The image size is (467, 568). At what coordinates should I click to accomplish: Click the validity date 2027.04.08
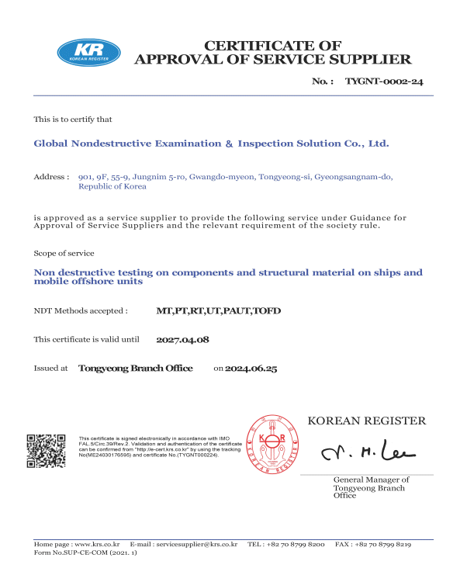pos(183,340)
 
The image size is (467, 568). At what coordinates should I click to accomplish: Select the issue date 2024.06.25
pos(251,369)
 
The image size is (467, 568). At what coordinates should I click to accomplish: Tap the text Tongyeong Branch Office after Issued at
pos(136,369)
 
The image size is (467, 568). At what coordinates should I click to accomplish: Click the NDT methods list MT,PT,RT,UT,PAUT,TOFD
pos(218,311)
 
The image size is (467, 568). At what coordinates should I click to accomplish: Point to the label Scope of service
pos(64,254)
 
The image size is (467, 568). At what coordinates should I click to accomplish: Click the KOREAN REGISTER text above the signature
pos(367,421)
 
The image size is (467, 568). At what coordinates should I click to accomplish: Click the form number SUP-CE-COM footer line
pos(85,553)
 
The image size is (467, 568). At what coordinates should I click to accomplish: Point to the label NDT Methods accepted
pos(81,311)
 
